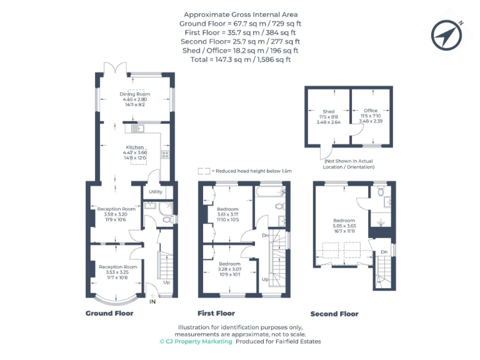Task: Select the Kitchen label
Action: tap(134, 148)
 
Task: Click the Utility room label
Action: tap(156, 192)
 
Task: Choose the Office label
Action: tap(371, 111)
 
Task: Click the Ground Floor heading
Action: tap(109, 313)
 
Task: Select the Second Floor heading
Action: tap(334, 314)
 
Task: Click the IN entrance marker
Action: tap(152, 302)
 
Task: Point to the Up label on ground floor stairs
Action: tap(166, 282)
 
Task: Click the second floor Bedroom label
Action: tap(344, 221)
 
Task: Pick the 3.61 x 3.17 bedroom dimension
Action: tap(227, 214)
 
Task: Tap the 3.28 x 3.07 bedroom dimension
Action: tap(227, 270)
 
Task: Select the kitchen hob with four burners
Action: tap(166, 154)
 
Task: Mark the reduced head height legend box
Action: tap(203, 171)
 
